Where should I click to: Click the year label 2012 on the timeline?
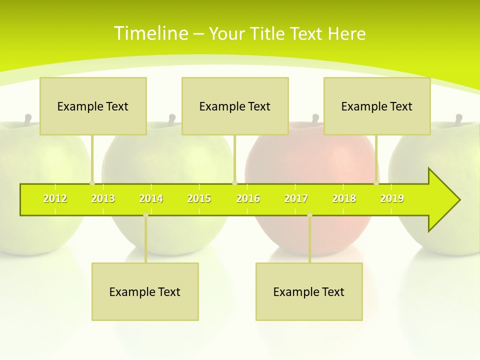55,199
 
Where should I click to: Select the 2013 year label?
103,199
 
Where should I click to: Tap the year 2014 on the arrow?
151,199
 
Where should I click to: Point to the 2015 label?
199,199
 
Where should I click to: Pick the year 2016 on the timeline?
248,199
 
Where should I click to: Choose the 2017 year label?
296,199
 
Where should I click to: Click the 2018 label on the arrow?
344,199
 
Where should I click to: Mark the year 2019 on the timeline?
392,199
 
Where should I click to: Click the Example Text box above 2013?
93,106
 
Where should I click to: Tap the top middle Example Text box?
235,106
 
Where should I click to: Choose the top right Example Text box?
377,106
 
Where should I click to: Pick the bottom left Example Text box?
145,292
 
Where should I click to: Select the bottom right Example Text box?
309,292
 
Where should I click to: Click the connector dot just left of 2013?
92,183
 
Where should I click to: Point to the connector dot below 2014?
145,215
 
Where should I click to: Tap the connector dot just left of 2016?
234,183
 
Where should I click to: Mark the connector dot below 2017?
309,215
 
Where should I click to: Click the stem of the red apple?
315,119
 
